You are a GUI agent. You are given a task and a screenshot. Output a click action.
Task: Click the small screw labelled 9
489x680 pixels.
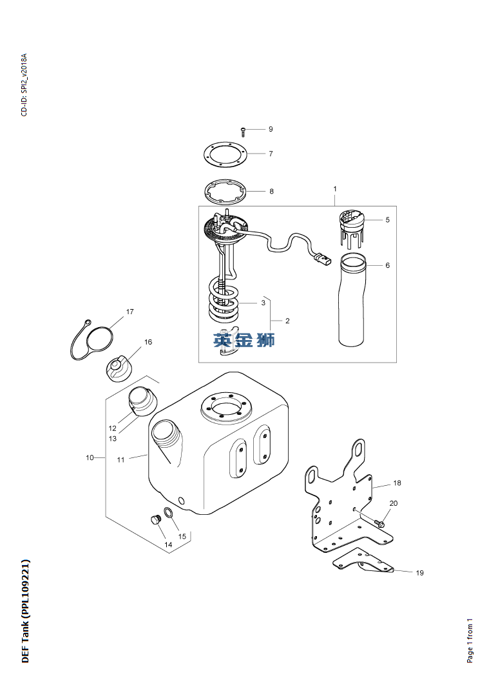click(x=243, y=131)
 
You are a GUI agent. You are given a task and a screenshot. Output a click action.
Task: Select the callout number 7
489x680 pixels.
click(x=271, y=154)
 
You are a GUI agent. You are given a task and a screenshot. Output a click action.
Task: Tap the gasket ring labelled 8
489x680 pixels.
click(x=225, y=191)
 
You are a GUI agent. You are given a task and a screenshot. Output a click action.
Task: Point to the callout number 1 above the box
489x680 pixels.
click(x=335, y=189)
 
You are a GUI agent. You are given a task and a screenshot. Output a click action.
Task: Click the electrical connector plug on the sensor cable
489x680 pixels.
click(x=321, y=259)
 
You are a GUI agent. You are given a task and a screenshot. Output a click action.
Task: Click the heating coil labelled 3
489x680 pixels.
click(x=223, y=299)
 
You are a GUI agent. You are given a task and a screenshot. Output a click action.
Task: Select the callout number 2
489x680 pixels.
click(x=287, y=321)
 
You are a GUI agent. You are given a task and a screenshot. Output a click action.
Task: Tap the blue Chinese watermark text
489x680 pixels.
click(x=244, y=340)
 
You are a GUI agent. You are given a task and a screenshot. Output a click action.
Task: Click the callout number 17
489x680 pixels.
click(x=130, y=312)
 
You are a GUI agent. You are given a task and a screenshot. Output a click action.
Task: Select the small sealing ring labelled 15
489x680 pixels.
click(x=170, y=514)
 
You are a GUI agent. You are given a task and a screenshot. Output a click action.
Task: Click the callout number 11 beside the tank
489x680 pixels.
click(x=121, y=460)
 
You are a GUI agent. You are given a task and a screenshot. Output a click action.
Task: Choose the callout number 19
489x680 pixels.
click(x=419, y=573)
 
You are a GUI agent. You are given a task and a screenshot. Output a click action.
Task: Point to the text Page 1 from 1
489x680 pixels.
click(x=470, y=641)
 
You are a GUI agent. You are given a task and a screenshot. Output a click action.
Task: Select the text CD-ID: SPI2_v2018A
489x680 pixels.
click(x=24, y=85)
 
